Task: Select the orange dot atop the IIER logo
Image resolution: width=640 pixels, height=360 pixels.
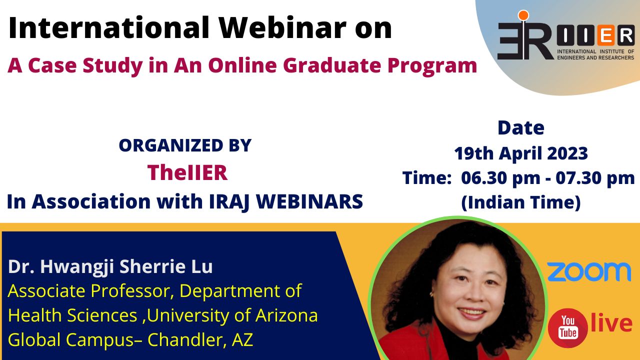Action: click(523, 15)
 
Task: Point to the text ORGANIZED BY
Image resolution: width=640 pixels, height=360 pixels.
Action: click(185, 145)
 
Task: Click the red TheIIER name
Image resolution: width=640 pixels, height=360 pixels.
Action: click(187, 172)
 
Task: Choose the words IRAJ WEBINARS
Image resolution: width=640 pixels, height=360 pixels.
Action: click(286, 201)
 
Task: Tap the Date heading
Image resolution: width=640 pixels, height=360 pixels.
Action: click(521, 128)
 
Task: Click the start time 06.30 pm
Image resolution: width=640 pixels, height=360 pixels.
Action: click(500, 178)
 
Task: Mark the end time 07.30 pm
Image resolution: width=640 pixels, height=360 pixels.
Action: click(595, 178)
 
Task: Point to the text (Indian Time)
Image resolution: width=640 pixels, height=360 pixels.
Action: click(521, 202)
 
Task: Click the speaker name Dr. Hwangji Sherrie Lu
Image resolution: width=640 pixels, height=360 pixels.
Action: click(110, 267)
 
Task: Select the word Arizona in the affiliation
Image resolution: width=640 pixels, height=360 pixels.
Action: click(286, 315)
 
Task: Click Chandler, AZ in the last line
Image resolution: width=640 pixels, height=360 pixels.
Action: click(200, 339)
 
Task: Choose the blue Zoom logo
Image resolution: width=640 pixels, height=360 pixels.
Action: click(589, 272)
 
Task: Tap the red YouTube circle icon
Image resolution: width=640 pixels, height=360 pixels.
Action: click(567, 328)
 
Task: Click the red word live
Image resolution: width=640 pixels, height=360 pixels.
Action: click(611, 322)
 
